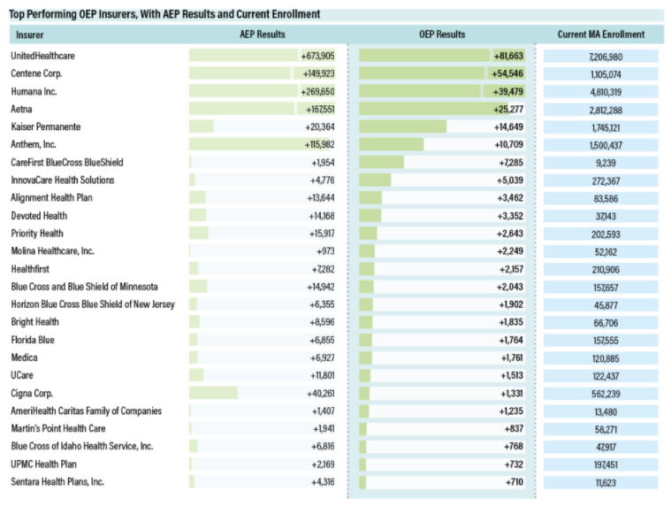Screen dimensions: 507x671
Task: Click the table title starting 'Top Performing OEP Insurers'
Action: [165, 14]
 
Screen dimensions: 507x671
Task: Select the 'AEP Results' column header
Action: [263, 35]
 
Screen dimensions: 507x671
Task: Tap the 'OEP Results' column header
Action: [441, 35]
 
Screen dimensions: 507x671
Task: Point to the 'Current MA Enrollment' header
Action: [600, 35]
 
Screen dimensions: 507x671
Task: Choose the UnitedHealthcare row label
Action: [42, 56]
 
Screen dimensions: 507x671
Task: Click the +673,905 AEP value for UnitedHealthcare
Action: [317, 56]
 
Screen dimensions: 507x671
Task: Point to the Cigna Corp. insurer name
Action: [34, 393]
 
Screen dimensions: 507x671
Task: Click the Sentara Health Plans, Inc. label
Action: [57, 481]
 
